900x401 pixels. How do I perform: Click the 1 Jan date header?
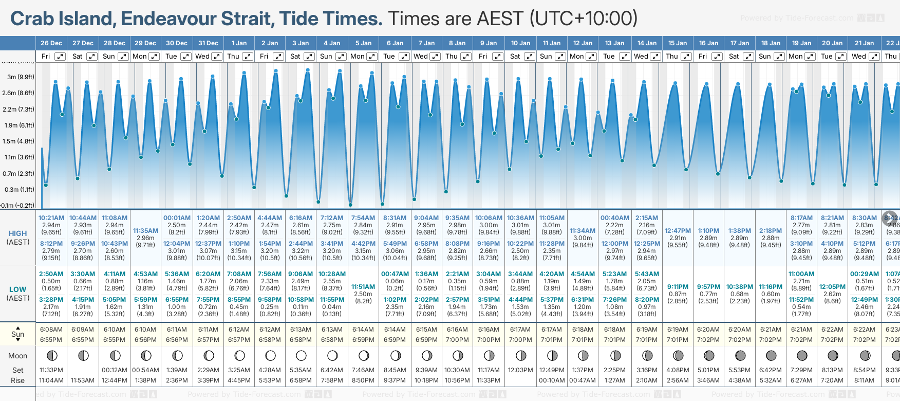coord(239,43)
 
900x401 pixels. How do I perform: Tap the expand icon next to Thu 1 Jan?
coord(248,57)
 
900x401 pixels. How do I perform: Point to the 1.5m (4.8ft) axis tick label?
coord(18,141)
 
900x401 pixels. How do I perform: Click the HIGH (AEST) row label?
coord(18,238)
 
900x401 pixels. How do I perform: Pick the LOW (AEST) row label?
coord(18,294)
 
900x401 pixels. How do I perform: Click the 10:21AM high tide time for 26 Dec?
coord(51,218)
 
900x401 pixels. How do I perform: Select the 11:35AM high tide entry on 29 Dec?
coord(145,231)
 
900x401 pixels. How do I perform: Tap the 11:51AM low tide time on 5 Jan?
coord(363,287)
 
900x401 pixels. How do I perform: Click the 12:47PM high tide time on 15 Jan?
coord(678,231)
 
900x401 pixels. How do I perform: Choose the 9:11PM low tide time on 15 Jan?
coord(678,287)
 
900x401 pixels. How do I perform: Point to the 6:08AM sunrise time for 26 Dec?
coord(51,330)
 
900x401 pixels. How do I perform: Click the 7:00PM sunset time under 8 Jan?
coord(457,340)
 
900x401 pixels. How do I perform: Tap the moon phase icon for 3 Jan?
coord(301,355)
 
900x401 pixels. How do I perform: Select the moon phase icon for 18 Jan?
coord(771,355)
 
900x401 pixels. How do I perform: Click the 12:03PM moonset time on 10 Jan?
coord(520,370)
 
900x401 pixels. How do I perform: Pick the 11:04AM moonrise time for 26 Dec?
coord(51,380)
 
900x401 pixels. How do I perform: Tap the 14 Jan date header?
coord(647,43)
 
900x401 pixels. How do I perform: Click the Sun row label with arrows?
coord(18,334)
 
